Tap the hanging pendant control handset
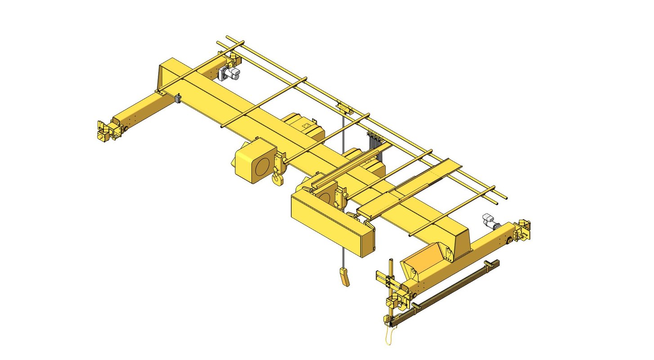pos(344,276)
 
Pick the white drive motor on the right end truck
pos(489,221)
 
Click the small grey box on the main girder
pos(177,98)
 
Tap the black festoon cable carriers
pos(375,146)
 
